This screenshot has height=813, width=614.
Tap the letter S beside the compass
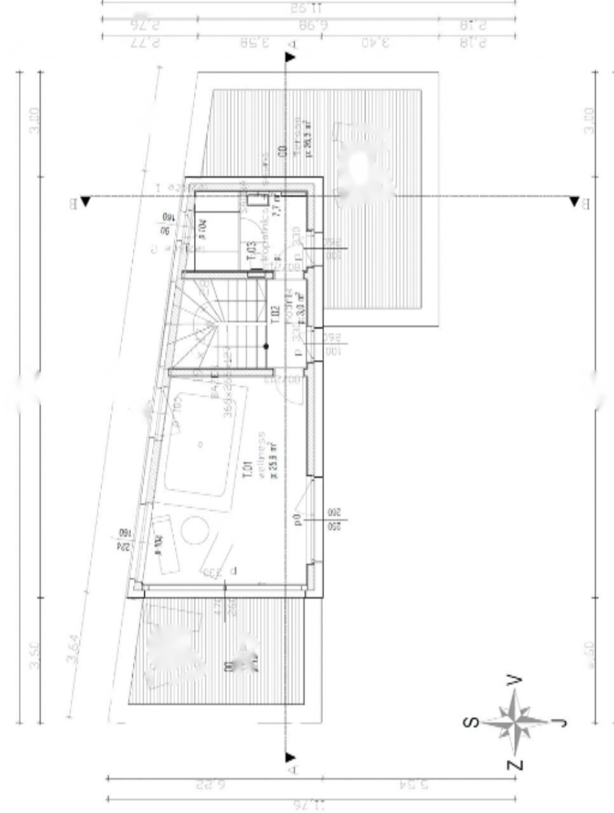point(471,722)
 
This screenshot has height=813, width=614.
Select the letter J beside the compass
point(559,722)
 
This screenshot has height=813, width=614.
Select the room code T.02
point(275,314)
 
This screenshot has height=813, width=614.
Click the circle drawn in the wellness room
point(195,530)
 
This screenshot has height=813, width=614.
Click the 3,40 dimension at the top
point(376,43)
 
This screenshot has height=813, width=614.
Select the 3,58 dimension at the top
point(255,43)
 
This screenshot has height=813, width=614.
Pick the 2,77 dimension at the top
point(145,43)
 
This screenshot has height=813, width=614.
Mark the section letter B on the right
point(585,203)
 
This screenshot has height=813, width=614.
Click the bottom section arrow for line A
point(290,757)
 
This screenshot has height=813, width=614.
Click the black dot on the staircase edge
point(266,346)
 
